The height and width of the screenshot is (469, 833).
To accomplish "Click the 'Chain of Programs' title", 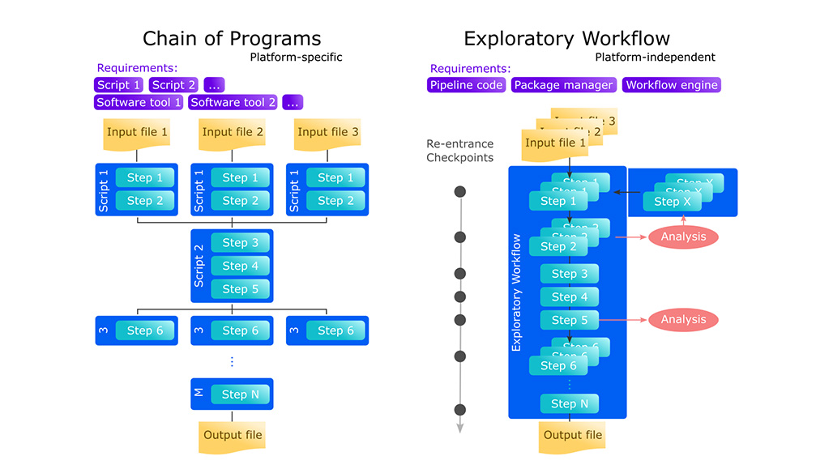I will click(232, 38).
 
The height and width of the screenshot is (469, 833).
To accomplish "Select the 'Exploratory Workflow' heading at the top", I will click(566, 38).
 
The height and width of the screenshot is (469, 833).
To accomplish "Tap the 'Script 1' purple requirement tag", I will click(118, 85).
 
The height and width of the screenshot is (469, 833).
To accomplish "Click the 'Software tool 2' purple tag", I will click(233, 103).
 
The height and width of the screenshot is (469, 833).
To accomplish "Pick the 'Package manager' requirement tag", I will click(564, 85).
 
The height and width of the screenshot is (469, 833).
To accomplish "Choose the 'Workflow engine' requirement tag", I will click(671, 85).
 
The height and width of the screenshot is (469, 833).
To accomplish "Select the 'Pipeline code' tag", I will click(467, 85).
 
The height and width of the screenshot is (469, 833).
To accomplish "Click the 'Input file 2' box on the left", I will click(233, 133).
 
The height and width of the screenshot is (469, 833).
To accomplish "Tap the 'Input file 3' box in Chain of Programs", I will click(327, 133).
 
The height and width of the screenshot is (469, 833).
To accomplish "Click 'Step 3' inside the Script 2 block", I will click(241, 243).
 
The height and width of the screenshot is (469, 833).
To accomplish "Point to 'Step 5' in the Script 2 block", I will click(241, 289).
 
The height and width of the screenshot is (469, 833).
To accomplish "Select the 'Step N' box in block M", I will click(241, 394).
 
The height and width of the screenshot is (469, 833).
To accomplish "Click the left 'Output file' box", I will click(233, 436).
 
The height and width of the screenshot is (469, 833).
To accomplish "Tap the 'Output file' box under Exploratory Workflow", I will click(573, 436).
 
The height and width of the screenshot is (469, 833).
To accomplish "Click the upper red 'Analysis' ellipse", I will click(683, 237).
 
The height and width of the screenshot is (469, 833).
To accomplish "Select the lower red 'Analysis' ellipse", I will click(683, 320).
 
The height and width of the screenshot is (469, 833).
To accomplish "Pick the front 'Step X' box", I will click(673, 202).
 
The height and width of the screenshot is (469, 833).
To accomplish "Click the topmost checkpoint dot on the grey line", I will click(460, 192).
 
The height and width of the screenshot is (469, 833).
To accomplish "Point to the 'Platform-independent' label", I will click(655, 58).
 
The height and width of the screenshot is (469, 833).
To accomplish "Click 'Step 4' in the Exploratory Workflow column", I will click(570, 297).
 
